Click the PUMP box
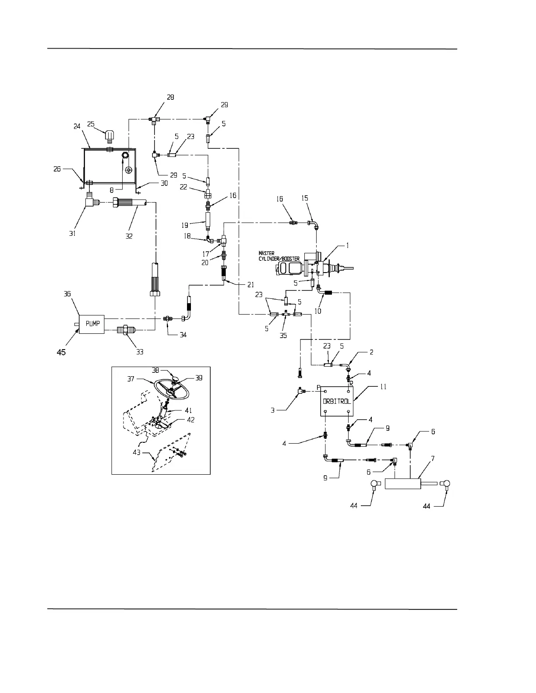click(92, 324)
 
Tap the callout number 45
click(61, 352)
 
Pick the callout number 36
click(67, 294)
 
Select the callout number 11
click(383, 387)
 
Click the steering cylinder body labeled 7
click(403, 484)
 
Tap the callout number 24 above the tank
click(77, 127)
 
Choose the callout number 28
click(170, 98)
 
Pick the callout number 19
click(185, 225)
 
